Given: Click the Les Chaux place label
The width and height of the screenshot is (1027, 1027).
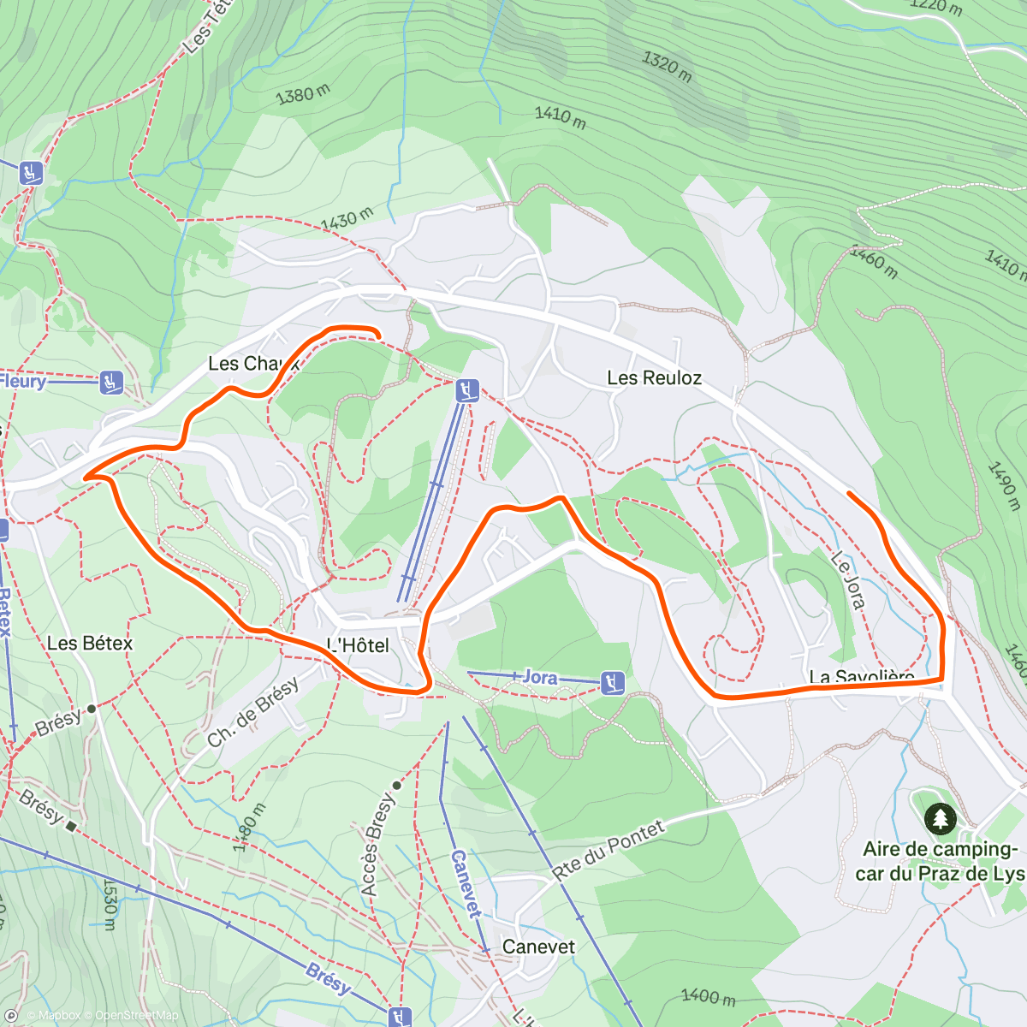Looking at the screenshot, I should click(x=253, y=364).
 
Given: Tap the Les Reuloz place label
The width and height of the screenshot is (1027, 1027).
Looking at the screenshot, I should click(x=654, y=377).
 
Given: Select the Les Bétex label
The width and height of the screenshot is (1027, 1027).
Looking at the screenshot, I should click(x=90, y=643).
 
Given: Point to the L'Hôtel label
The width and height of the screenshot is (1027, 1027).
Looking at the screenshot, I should click(x=359, y=645).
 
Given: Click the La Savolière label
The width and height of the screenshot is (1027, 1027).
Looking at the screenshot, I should click(x=862, y=677).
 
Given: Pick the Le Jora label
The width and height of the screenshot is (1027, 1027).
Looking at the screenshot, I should click(x=847, y=579).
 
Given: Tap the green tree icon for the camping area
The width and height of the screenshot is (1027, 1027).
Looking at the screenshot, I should click(x=941, y=819).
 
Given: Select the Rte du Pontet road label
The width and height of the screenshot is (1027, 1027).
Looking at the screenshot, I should click(x=608, y=850).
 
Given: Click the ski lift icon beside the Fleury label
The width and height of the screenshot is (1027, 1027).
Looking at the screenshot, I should click(x=110, y=383).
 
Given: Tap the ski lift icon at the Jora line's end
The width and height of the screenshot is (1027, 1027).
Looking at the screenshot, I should click(x=612, y=682).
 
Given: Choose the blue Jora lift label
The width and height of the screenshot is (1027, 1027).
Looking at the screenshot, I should click(x=539, y=677).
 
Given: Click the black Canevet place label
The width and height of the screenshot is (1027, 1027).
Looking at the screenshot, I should click(x=538, y=947).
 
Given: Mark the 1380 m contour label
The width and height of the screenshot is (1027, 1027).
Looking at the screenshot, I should click(x=302, y=94).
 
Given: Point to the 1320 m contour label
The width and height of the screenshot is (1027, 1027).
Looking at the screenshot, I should click(x=667, y=66).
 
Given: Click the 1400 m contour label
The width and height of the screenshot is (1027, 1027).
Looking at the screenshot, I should click(x=709, y=996).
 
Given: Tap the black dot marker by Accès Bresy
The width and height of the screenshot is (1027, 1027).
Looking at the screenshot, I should click(x=396, y=785).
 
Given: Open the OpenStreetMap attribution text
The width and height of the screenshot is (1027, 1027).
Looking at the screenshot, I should click(x=137, y=1016).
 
